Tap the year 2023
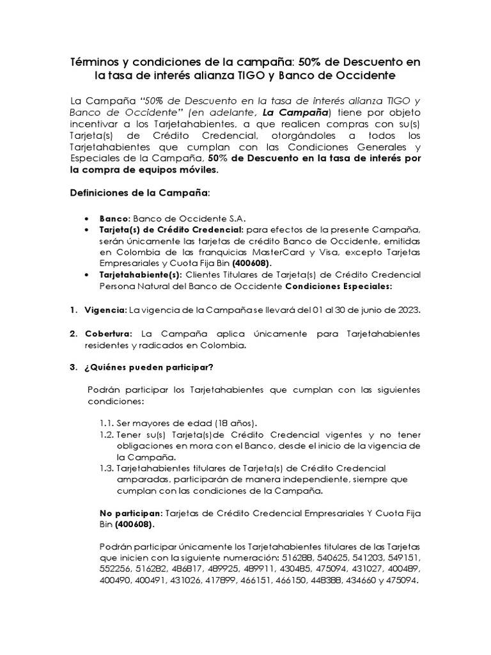(407, 310)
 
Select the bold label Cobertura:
(108, 334)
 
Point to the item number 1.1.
(106, 423)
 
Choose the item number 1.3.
(106, 468)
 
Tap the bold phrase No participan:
(132, 513)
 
